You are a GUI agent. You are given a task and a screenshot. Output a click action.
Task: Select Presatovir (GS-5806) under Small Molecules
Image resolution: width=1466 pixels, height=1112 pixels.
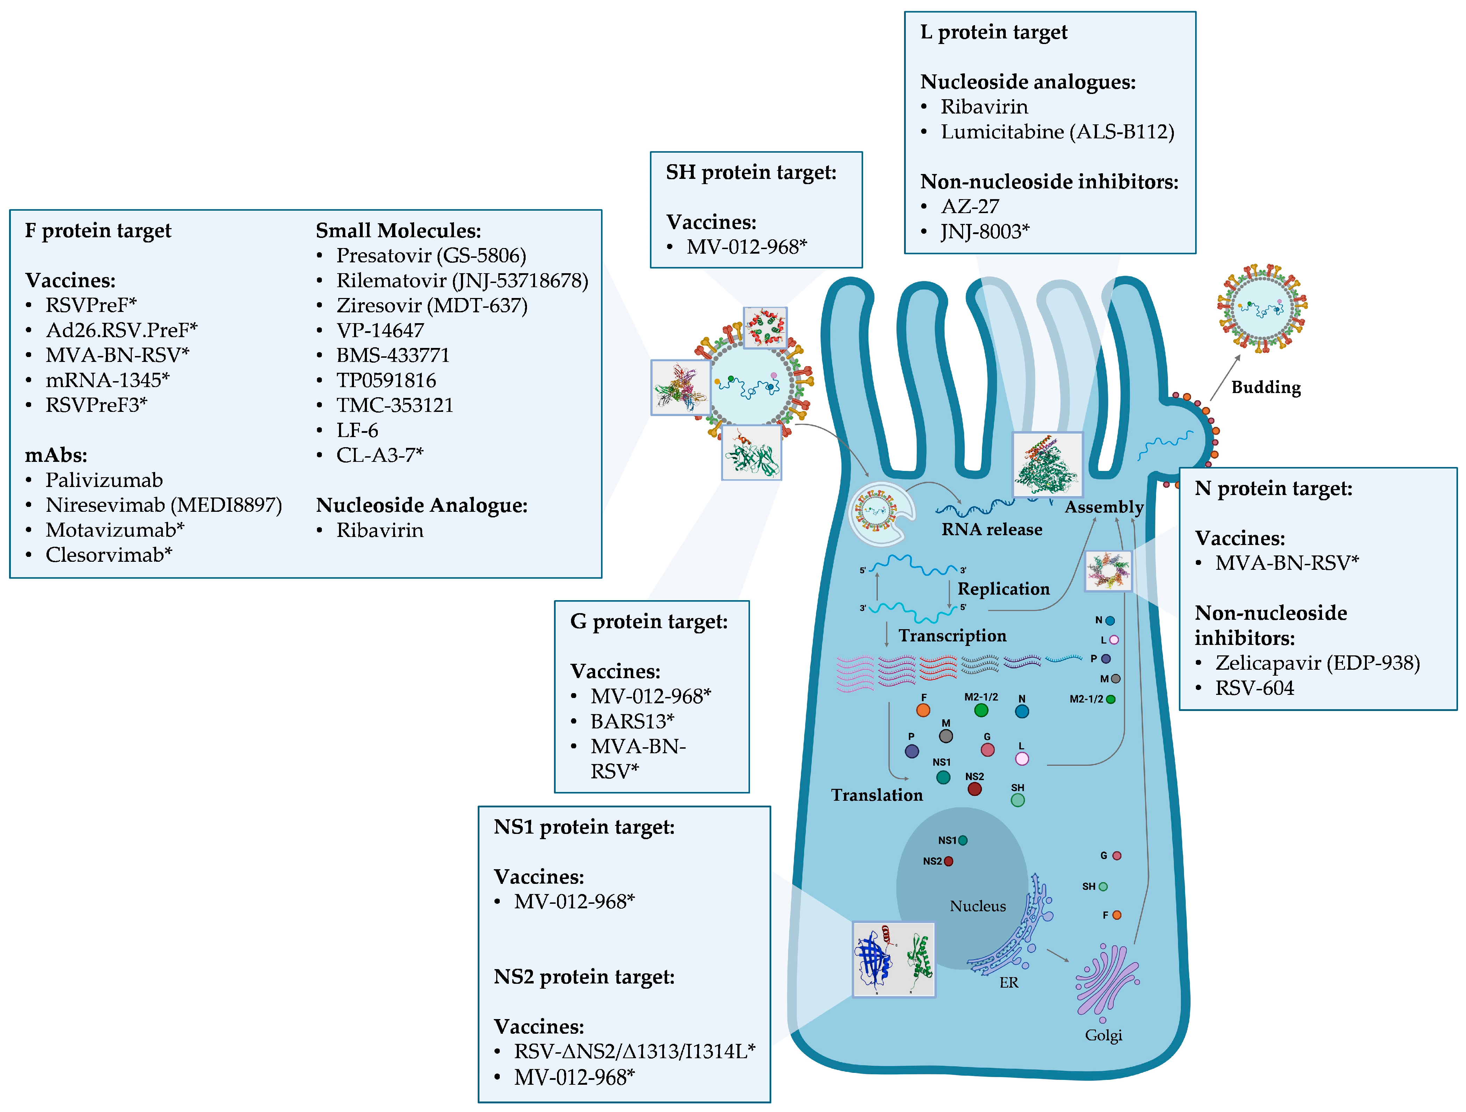coord(431,255)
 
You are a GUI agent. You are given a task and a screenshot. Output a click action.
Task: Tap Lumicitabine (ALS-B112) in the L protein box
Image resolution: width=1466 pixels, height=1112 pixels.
coord(1057,132)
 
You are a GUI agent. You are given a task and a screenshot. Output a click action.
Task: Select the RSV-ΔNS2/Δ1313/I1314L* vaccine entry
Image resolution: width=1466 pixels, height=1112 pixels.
coord(634,1051)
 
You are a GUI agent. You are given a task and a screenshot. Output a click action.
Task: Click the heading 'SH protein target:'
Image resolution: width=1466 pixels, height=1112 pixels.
coord(751,172)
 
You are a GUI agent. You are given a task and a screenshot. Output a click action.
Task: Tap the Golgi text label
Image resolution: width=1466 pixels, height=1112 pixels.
coord(1103,1035)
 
